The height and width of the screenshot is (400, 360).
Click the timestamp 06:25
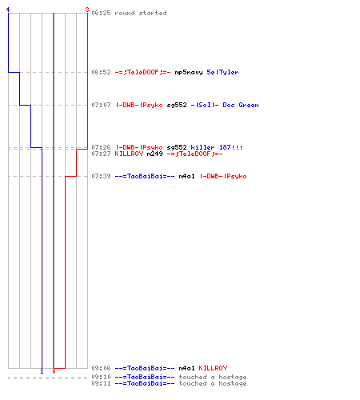pyautogui.click(x=101, y=13)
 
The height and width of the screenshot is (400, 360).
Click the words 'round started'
pyautogui.click(x=141, y=13)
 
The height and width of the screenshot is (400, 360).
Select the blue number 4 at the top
pyautogui.click(x=8, y=10)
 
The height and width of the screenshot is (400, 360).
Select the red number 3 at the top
pyautogui.click(x=87, y=10)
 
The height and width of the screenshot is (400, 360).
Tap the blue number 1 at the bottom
pyautogui.click(x=42, y=371)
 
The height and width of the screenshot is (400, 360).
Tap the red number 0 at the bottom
pyautogui.click(x=54, y=371)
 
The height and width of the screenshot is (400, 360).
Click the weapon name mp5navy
pyautogui.click(x=189, y=72)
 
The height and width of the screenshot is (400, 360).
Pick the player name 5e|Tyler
pyautogui.click(x=222, y=72)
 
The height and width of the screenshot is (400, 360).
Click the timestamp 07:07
pyautogui.click(x=101, y=105)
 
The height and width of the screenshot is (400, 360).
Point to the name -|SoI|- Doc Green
pyautogui.click(x=225, y=105)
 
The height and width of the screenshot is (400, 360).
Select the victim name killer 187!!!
pyautogui.click(x=217, y=147)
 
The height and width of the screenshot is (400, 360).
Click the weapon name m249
pyautogui.click(x=154, y=154)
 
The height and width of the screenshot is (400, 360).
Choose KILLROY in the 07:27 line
pyautogui.click(x=129, y=154)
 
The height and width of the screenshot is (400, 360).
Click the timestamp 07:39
pyautogui.click(x=101, y=176)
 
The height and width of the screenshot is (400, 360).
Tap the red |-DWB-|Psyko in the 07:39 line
pyautogui.click(x=223, y=176)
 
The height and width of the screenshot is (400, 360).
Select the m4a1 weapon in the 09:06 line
pyautogui.click(x=186, y=368)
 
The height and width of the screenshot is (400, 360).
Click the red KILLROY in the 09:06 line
pyautogui.click(x=213, y=368)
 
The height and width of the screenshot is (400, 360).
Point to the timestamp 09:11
pyautogui.click(x=101, y=383)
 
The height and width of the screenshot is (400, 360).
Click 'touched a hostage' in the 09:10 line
pyautogui.click(x=213, y=377)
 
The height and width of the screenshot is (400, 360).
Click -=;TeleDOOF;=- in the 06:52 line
pyautogui.click(x=142, y=72)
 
